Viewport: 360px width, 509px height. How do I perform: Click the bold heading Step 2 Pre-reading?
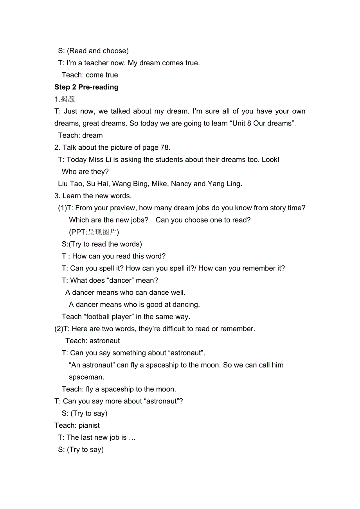click(x=86, y=87)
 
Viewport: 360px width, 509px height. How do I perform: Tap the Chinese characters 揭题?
click(x=68, y=99)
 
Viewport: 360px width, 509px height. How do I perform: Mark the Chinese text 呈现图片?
click(x=102, y=232)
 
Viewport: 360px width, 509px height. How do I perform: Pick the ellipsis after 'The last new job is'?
click(x=132, y=438)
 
